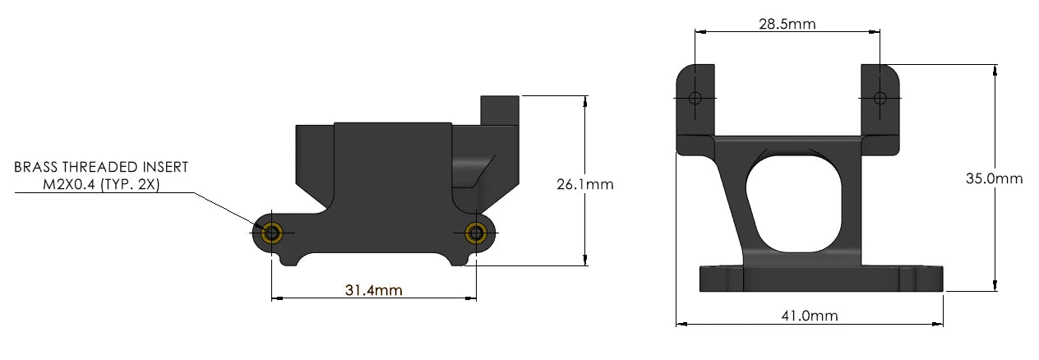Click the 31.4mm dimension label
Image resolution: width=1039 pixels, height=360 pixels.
click(373, 290)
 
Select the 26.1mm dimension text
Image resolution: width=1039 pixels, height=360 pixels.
click(585, 184)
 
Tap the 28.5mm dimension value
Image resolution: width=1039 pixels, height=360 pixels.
click(787, 24)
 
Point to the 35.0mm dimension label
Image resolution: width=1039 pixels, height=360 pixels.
click(995, 178)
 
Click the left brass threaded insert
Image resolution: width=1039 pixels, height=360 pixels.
click(272, 233)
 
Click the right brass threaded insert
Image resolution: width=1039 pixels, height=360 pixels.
click(475, 233)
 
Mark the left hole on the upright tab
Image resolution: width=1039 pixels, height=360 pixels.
click(695, 99)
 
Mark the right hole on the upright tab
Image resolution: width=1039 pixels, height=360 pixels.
click(880, 99)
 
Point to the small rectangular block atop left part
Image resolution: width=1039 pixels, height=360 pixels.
click(501, 110)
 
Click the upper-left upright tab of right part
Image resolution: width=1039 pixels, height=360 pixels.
click(695, 107)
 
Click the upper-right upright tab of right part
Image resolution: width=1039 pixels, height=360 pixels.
click(881, 107)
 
